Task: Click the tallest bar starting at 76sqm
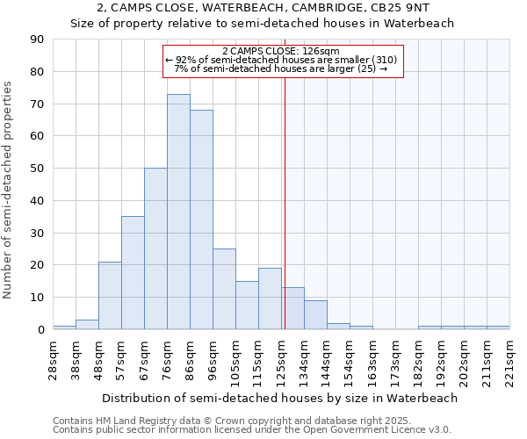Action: click(178, 212)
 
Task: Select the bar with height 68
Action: click(201, 219)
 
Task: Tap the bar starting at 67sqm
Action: click(155, 248)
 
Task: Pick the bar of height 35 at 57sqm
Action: click(133, 273)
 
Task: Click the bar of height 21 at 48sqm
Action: click(110, 295)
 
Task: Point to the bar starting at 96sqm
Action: click(224, 289)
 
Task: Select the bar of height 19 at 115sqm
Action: click(270, 299)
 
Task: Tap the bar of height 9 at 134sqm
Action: click(315, 314)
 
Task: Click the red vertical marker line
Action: click(284, 202)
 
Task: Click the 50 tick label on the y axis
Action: click(37, 169)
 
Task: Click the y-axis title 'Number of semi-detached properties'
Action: click(8, 189)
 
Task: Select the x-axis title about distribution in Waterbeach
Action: click(280, 398)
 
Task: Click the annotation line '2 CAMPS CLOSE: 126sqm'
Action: click(281, 51)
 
